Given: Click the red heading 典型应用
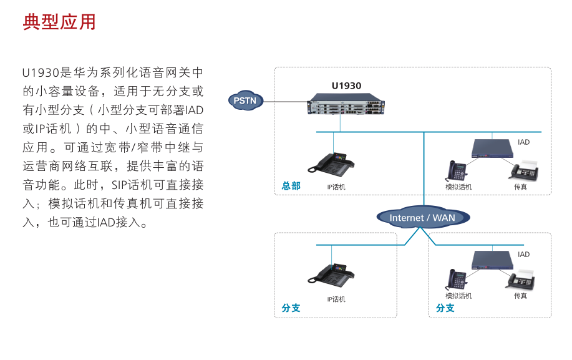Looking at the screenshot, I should [x=59, y=22].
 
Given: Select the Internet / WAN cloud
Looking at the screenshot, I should [x=422, y=217].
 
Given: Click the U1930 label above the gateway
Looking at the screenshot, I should [x=346, y=86].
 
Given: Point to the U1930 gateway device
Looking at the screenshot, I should [x=346, y=104].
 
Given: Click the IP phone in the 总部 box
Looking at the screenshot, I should [x=332, y=163].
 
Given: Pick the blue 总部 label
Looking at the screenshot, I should [x=291, y=186].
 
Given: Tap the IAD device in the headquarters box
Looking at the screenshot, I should [x=492, y=147].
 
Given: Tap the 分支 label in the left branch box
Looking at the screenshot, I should [x=291, y=308].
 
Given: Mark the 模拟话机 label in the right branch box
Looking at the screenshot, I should [x=458, y=296].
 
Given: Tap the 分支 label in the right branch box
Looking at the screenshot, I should [x=445, y=308].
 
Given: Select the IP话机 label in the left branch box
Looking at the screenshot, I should [x=336, y=299].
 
